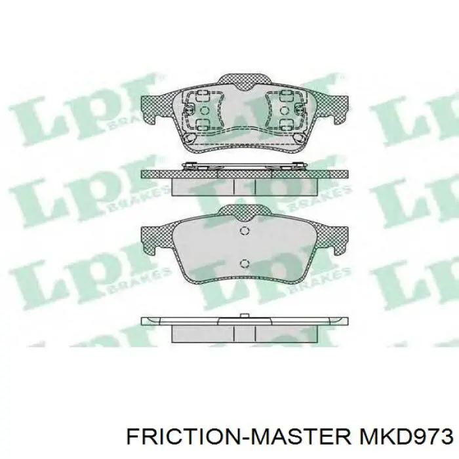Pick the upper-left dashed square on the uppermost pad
point(203,96)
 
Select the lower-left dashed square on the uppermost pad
point(203,123)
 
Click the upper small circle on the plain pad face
point(244,230)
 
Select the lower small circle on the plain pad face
point(244,264)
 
